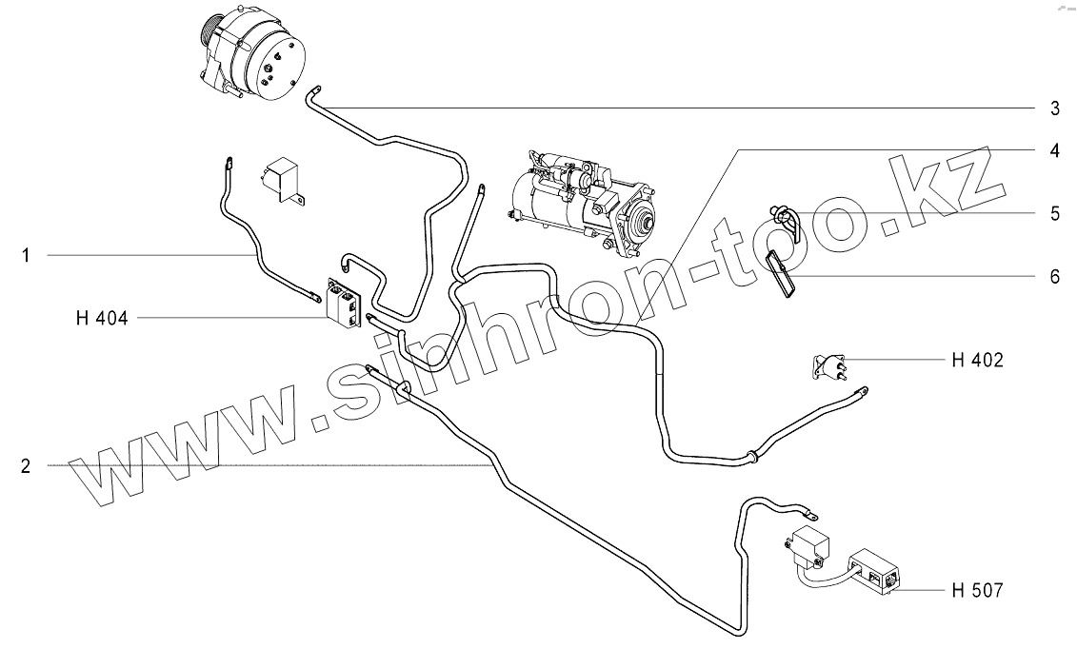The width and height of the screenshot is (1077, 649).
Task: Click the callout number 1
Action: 27,255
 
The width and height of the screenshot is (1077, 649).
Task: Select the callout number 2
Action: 27,465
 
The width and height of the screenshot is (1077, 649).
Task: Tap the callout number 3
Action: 1054,108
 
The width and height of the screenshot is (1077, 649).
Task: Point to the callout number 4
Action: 1054,151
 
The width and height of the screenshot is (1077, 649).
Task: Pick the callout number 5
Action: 1054,213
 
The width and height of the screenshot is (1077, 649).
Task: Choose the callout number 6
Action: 1054,276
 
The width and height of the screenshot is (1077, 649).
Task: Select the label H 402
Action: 976,360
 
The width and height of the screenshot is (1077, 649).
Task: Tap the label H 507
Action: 976,591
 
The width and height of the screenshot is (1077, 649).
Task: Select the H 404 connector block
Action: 345,305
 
